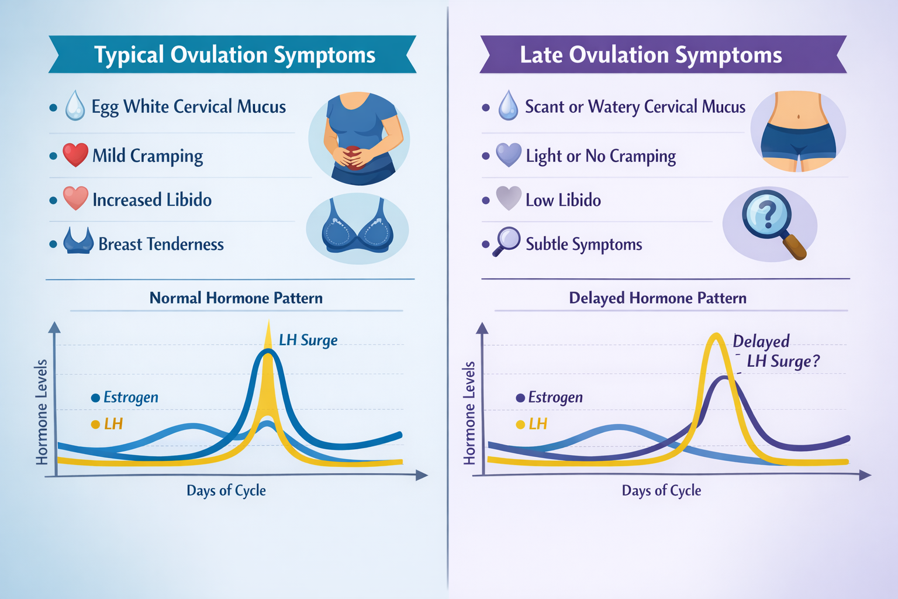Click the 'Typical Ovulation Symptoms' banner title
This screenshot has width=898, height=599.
tap(234, 55)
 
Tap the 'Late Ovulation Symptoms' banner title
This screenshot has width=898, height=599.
tap(651, 55)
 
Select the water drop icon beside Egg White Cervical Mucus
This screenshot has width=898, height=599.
tap(75, 106)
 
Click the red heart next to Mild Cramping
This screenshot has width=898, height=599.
tap(75, 155)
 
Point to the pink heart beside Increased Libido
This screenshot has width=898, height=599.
tap(75, 199)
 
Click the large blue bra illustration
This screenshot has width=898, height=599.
tap(357, 228)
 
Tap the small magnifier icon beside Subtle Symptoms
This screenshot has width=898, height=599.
tap(506, 241)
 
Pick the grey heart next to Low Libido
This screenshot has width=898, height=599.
tap(508, 199)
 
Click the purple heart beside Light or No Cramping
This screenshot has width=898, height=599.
tap(508, 155)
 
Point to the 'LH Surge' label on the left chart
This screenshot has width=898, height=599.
tap(308, 340)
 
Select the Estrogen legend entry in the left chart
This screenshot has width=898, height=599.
tap(125, 398)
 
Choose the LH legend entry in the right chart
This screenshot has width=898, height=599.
tap(532, 424)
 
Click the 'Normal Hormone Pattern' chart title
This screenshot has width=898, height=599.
tap(236, 298)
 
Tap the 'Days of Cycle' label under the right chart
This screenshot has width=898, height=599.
tap(661, 490)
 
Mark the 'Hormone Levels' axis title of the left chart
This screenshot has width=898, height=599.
tap(42, 412)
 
